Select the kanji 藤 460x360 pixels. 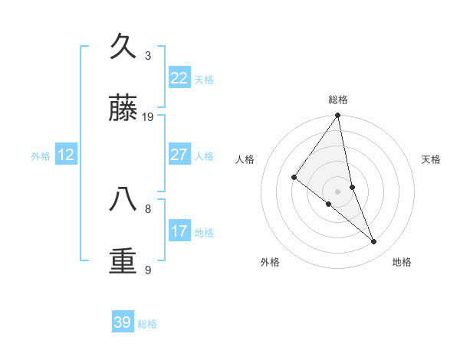[x=123, y=109]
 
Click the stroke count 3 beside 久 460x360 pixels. [x=148, y=56]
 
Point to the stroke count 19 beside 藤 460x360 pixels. [x=148, y=117]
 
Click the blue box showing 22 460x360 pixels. [x=179, y=78]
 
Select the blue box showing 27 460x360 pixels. [x=179, y=155]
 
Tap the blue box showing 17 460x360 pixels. [x=179, y=231]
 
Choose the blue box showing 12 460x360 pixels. [x=66, y=155]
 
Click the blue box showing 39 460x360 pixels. [x=123, y=322]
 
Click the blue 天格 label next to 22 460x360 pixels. [x=204, y=80]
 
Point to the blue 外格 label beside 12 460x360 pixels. [x=41, y=156]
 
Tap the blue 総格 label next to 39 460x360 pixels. [x=147, y=324]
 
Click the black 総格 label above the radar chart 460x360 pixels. [x=338, y=100]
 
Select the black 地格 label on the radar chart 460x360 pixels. [x=402, y=262]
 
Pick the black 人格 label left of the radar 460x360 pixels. [x=245, y=159]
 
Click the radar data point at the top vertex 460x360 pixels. [x=338, y=116]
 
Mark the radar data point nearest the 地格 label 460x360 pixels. [x=374, y=242]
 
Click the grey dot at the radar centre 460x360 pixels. [x=338, y=191]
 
